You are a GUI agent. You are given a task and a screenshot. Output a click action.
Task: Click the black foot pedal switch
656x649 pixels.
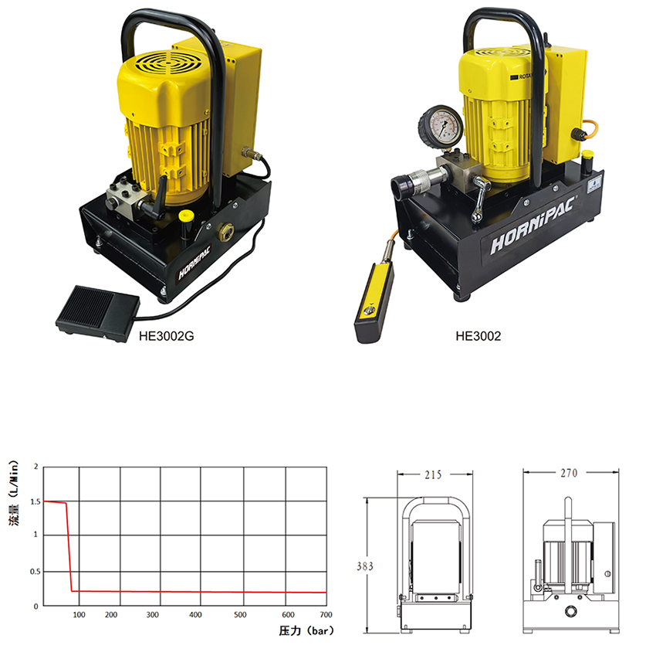click(97, 312)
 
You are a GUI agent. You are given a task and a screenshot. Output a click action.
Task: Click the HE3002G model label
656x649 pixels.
click(167, 336)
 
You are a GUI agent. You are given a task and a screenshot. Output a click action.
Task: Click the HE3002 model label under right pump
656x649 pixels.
click(478, 336)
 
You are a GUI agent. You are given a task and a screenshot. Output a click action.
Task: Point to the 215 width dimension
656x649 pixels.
click(433, 474)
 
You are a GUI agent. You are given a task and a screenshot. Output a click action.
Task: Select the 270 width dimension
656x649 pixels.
click(569, 473)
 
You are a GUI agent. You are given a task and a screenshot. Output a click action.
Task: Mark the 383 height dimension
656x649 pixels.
click(365, 566)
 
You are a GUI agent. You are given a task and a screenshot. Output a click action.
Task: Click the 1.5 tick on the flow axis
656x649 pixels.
click(36, 501)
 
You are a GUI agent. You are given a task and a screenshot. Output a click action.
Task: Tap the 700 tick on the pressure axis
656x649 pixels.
click(326, 615)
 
